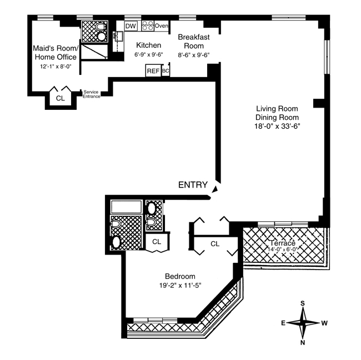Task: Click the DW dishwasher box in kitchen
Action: click(131, 26)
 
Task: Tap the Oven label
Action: click(162, 26)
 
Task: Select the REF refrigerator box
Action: click(153, 70)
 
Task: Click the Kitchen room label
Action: click(148, 45)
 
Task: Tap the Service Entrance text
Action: click(92, 94)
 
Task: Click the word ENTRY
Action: click(193, 185)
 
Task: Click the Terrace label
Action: click(284, 244)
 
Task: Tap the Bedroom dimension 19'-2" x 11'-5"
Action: click(179, 286)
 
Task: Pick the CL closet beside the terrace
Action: click(215, 243)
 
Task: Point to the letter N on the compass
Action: click(303, 342)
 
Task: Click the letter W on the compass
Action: click(324, 322)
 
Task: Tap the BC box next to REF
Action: click(166, 70)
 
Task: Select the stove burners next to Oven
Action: click(148, 26)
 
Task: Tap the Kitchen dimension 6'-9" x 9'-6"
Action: click(148, 55)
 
